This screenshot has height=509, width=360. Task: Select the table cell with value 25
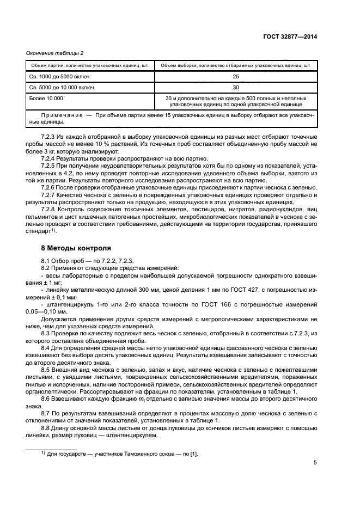click(235, 77)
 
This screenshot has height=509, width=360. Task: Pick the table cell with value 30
click(235, 87)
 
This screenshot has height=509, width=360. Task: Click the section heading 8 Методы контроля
click(69, 247)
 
